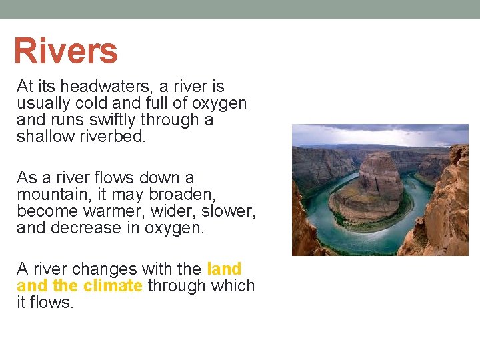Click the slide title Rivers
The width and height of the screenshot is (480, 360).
(x=65, y=51)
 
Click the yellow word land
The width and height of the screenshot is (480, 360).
(x=224, y=269)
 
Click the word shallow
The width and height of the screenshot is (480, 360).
(x=44, y=137)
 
